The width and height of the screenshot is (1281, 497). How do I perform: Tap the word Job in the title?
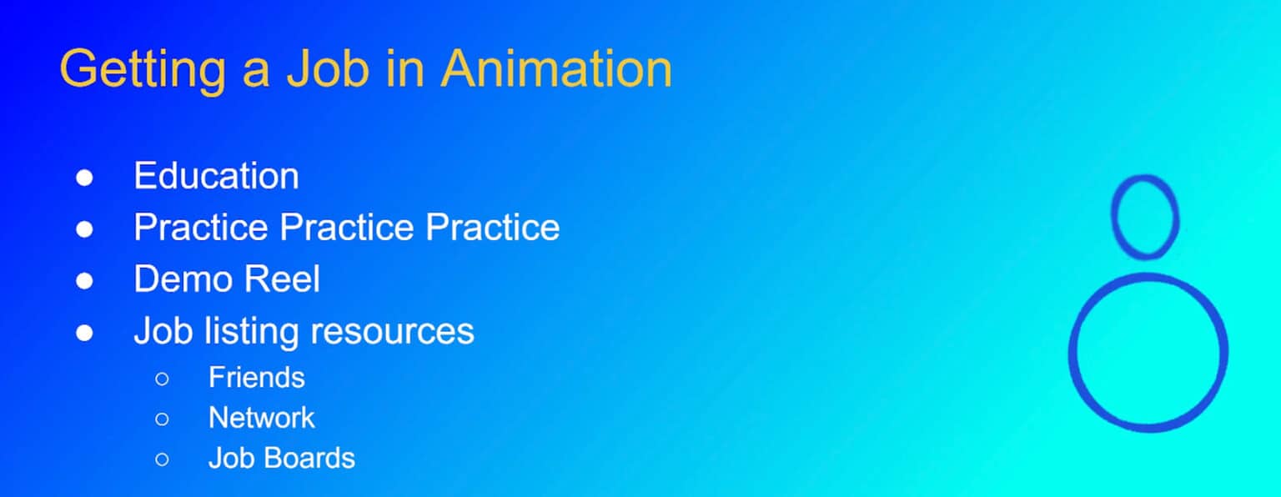[x=328, y=69]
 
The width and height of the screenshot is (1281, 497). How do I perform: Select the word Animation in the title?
[x=556, y=69]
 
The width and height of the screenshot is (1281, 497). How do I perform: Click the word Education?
[x=216, y=176]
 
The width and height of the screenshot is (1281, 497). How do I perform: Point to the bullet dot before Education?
[x=84, y=178]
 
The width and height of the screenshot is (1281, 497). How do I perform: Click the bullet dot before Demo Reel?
[x=84, y=281]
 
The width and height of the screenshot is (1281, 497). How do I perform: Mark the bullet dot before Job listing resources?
[x=84, y=333]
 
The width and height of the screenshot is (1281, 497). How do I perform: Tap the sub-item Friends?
[x=256, y=378]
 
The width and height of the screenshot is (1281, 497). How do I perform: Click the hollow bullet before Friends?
[x=162, y=379]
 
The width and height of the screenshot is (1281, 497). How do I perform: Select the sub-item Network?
[x=261, y=418]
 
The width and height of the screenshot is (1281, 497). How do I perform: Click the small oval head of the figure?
[x=1144, y=216]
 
